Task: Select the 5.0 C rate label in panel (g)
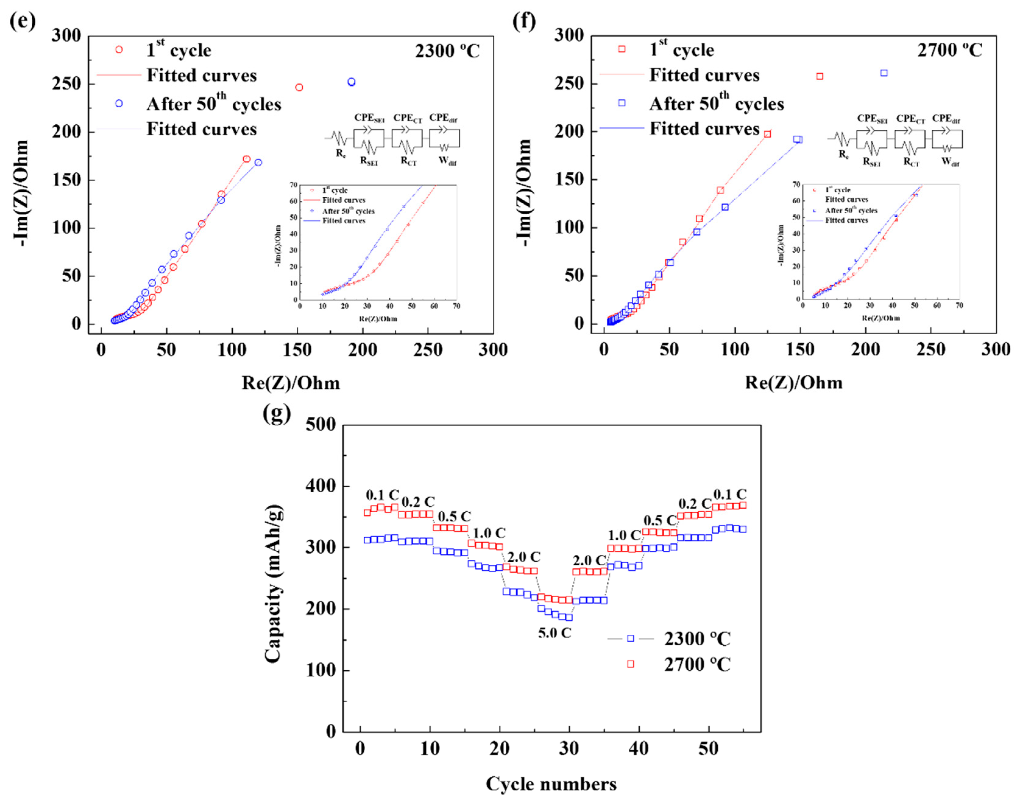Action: [554, 633]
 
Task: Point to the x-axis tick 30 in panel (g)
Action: [569, 749]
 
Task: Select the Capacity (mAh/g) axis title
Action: [274, 584]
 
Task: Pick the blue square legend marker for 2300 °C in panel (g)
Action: [630, 638]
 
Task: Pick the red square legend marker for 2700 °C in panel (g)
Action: [630, 664]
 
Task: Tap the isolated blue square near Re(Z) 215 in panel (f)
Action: [884, 73]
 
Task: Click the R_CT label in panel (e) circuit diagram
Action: [408, 161]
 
